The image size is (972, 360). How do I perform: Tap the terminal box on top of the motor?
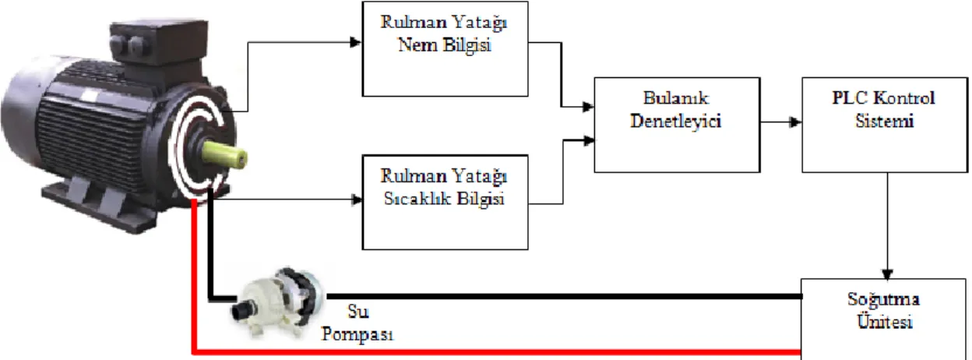(158, 42)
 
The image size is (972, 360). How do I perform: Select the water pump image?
(279, 302)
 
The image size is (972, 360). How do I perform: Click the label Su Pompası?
(357, 323)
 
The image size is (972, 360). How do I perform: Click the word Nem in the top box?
(418, 44)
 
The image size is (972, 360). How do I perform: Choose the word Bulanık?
(676, 98)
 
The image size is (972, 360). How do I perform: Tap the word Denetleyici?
(676, 121)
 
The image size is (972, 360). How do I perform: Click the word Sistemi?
(884, 121)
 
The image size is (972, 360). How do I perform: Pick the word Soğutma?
(883, 300)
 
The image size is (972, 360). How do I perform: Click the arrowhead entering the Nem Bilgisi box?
(356, 43)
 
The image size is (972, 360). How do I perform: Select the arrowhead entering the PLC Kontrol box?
(795, 122)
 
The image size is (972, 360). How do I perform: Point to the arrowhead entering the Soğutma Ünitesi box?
(887, 274)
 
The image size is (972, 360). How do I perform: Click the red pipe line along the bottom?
(497, 351)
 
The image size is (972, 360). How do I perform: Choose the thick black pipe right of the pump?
(564, 297)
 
